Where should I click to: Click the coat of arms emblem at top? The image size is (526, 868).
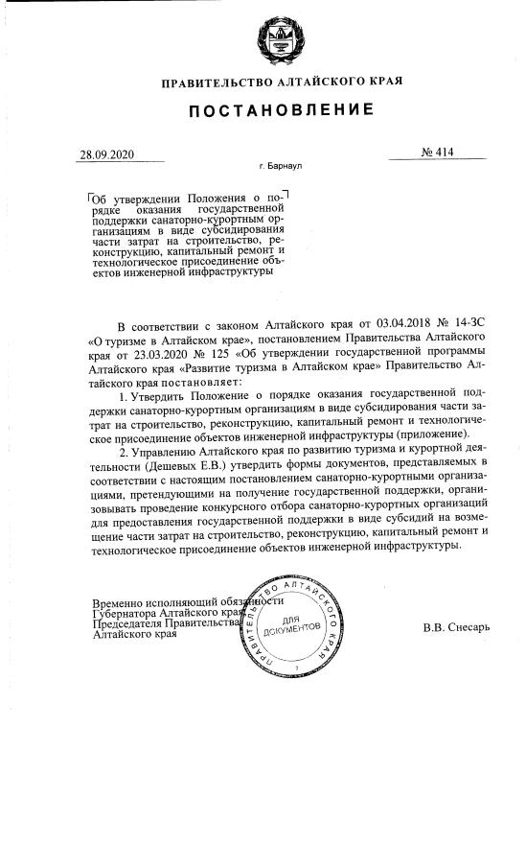pyautogui.click(x=278, y=35)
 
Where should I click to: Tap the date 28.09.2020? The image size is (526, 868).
pyautogui.click(x=108, y=154)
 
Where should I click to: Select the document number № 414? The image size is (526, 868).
pyautogui.click(x=436, y=152)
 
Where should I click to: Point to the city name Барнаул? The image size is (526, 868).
pyautogui.click(x=285, y=166)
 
